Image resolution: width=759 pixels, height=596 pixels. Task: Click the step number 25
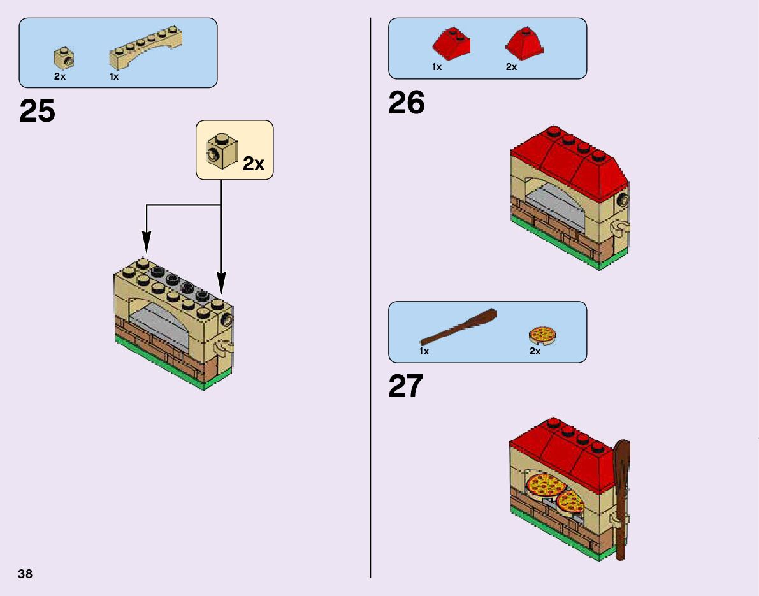click(x=38, y=111)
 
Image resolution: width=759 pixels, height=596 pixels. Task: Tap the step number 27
click(x=406, y=386)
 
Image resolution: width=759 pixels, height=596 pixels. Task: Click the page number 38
click(x=25, y=574)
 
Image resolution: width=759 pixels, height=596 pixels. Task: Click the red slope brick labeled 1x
click(x=452, y=43)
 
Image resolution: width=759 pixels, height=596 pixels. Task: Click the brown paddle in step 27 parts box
click(x=458, y=328)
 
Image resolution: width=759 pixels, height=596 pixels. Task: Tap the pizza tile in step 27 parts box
click(x=543, y=335)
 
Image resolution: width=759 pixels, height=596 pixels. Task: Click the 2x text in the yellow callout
click(x=254, y=164)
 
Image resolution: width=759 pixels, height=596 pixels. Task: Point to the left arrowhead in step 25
click(x=147, y=242)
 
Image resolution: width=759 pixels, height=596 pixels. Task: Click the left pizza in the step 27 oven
click(x=546, y=486)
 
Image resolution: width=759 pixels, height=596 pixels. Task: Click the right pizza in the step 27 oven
click(x=570, y=503)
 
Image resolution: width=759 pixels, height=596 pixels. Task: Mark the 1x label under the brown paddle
click(x=424, y=351)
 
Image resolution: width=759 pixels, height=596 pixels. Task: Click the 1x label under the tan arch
click(x=114, y=76)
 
